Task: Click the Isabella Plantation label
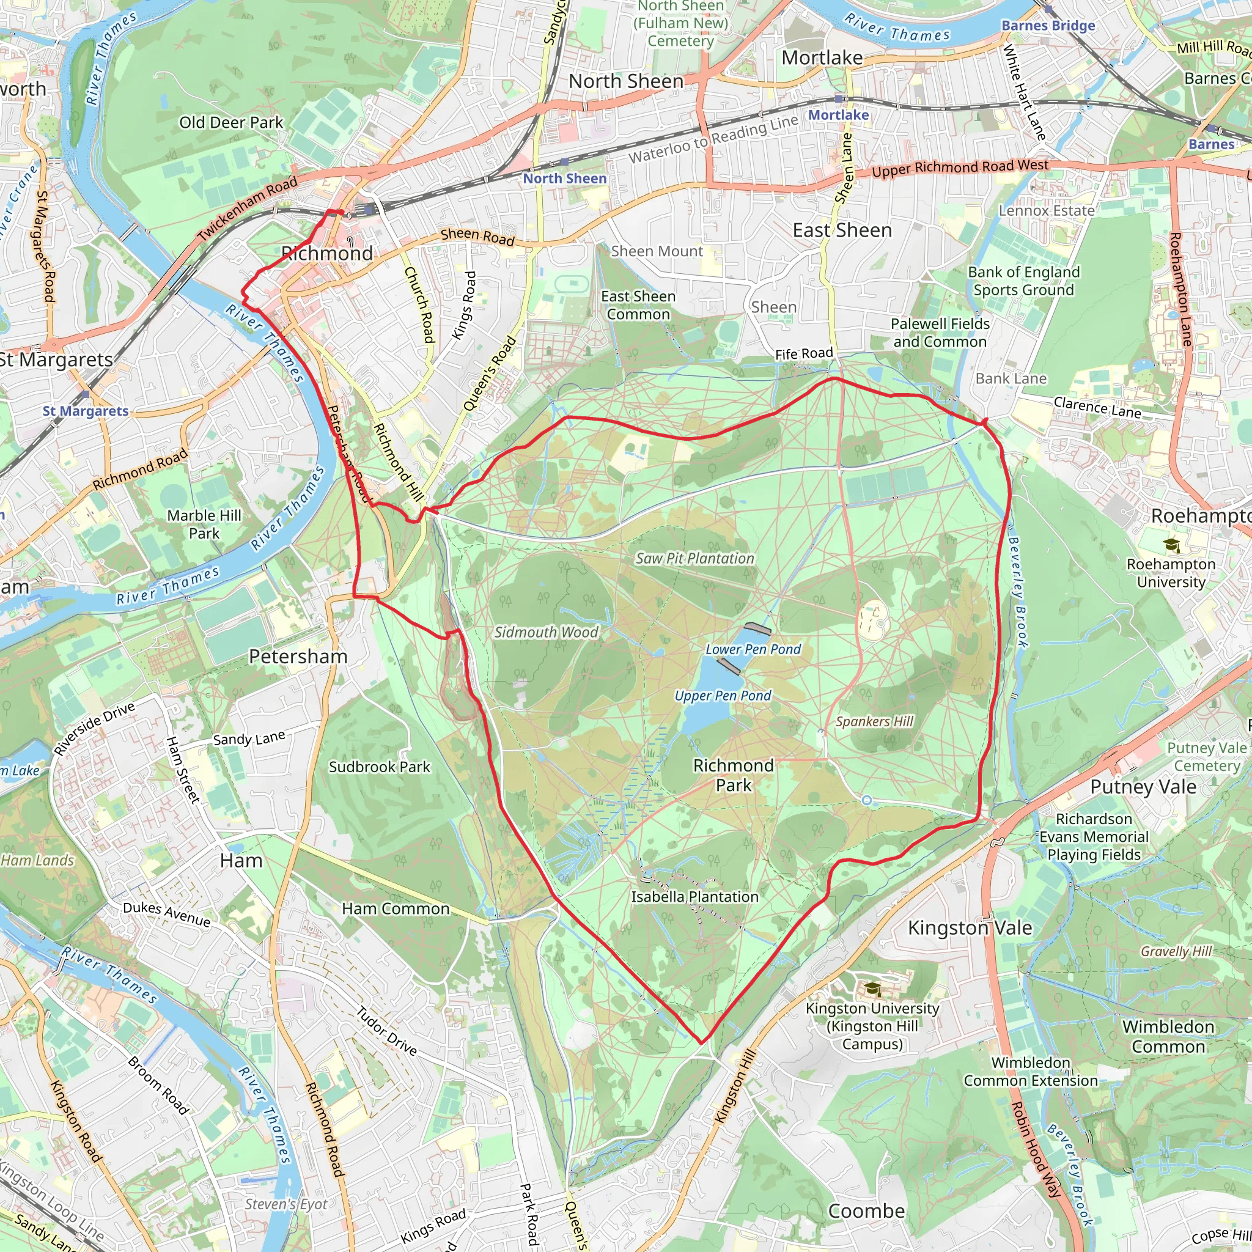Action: [x=694, y=897]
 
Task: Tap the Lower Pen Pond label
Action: [x=753, y=649]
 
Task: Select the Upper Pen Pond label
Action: [x=723, y=696]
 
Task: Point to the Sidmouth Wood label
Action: [x=546, y=633]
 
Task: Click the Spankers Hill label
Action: [x=874, y=722]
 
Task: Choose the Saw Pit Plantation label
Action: [x=694, y=559]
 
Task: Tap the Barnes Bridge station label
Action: [x=1048, y=26]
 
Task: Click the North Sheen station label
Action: [x=564, y=179]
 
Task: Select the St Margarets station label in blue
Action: [x=86, y=411]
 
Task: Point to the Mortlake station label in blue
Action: [x=838, y=115]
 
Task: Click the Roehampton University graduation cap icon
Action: [x=1171, y=546]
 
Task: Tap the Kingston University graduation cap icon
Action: [x=872, y=989]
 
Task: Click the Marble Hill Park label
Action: [x=204, y=525]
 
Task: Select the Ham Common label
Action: [x=396, y=909]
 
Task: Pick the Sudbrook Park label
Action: [x=379, y=767]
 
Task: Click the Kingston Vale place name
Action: [x=970, y=928]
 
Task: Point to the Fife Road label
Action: [x=803, y=354]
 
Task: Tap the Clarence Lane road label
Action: [x=1097, y=408]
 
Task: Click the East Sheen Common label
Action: [x=638, y=305]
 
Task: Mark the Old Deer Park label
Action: [x=230, y=122]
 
